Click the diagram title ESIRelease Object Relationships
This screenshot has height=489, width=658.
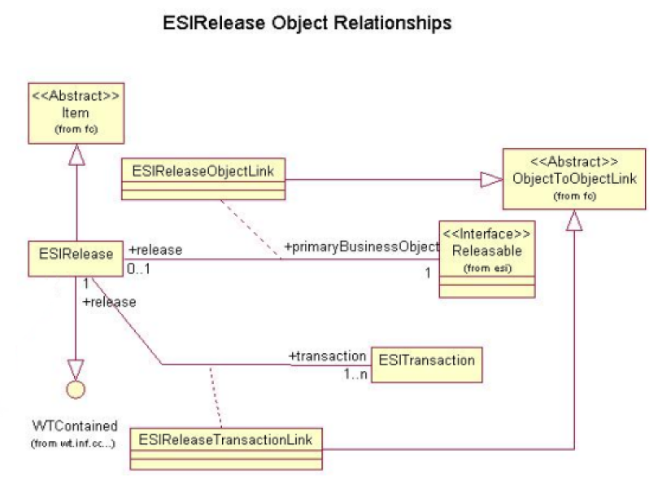pos(307,24)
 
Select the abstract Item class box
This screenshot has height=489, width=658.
pos(76,113)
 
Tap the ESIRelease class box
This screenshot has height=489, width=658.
pos(76,259)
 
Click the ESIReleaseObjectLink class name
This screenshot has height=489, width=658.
pos(203,171)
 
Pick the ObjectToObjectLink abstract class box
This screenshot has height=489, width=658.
pos(574,179)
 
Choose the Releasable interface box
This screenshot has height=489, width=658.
pos(486,260)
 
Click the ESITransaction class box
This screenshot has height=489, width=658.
pos(427,365)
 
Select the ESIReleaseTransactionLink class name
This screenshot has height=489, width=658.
pos(225,439)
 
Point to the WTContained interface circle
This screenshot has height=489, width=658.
pos(76,389)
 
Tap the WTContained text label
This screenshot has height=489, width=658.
pos(75,426)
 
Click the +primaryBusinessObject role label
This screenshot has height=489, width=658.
pos(361,247)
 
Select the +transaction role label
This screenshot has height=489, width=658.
pos(327,356)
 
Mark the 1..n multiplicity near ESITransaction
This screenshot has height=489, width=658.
pos(355,373)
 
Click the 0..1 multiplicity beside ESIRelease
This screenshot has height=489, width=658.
pos(138,269)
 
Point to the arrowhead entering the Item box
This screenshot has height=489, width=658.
pos(76,155)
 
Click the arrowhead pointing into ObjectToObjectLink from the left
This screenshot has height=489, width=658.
pos(491,179)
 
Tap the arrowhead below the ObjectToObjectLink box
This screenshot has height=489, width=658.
pos(574,220)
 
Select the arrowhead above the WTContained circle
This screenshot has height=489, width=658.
pos(76,369)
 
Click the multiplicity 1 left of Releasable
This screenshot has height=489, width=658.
pos(428,273)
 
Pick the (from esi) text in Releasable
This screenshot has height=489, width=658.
pos(487,269)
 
